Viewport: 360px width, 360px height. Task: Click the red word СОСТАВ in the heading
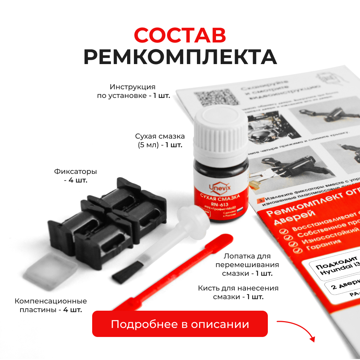click(x=180, y=35)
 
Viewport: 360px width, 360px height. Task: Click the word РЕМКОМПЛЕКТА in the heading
click(x=180, y=57)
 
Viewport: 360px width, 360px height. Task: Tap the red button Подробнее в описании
click(x=180, y=324)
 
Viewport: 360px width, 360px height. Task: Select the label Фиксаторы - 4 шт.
click(x=76, y=176)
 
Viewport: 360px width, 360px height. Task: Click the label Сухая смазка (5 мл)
click(x=160, y=141)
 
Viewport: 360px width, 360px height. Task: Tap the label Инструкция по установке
click(x=133, y=91)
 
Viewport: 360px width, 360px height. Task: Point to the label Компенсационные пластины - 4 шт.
click(x=51, y=305)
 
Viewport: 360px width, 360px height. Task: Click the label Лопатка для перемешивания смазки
click(x=247, y=265)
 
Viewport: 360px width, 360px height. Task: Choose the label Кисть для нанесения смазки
click(x=238, y=292)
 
